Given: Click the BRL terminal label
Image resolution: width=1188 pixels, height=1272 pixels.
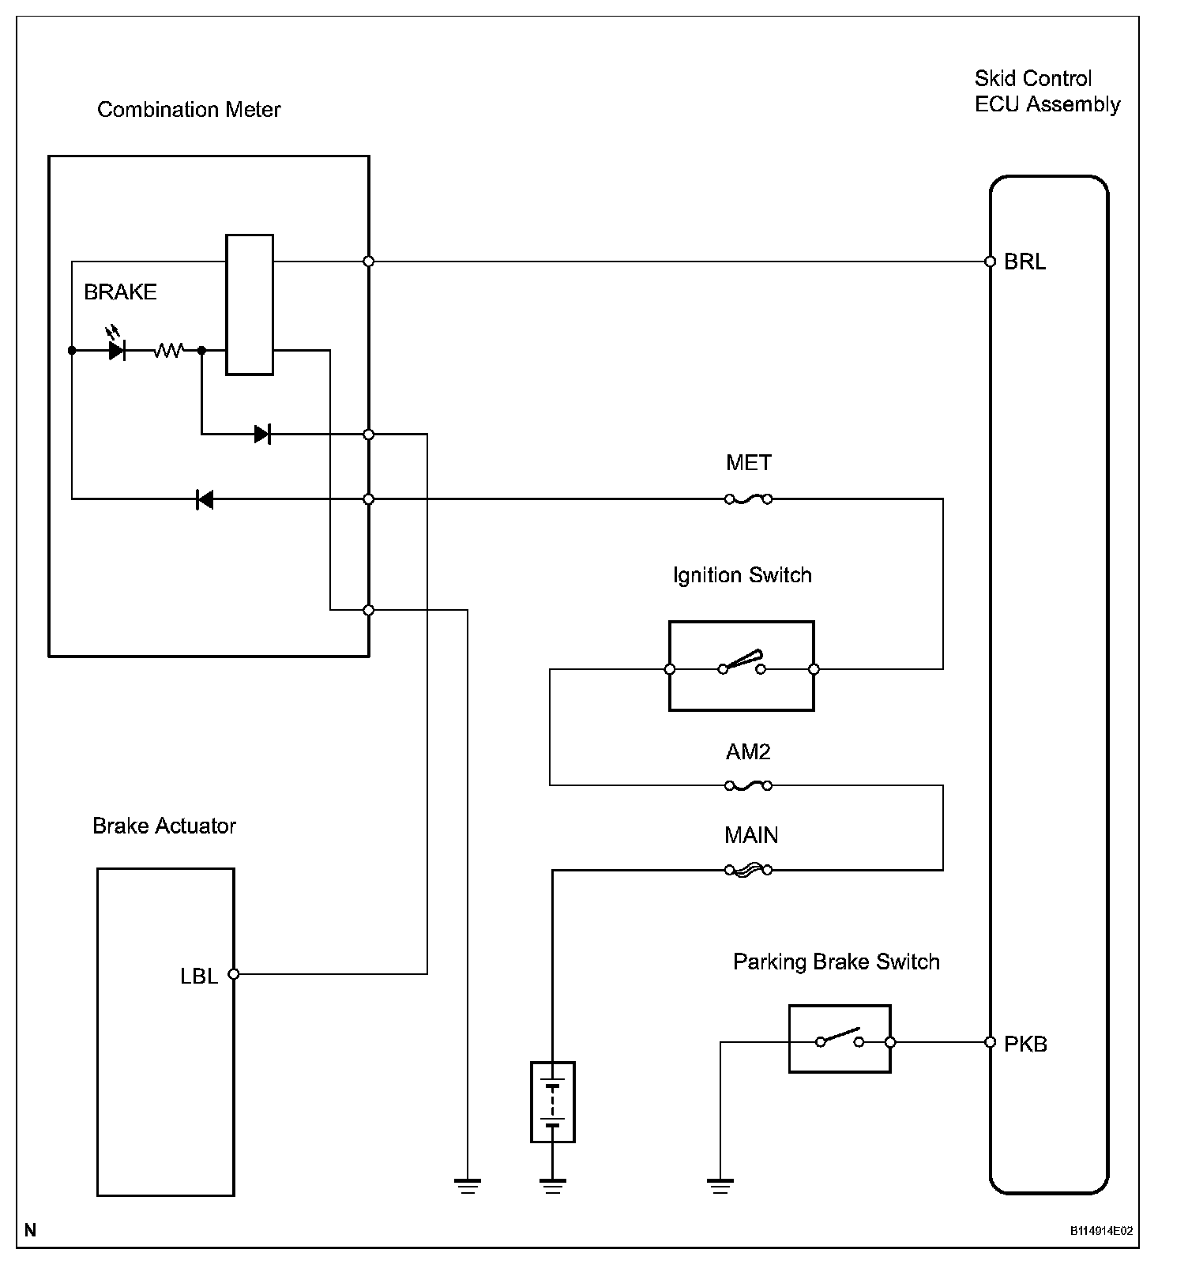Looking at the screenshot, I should pyautogui.click(x=1024, y=262).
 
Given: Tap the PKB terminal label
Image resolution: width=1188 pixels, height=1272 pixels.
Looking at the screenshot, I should pyautogui.click(x=1025, y=1044).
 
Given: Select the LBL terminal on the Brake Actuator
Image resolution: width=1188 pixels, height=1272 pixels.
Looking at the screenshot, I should pyautogui.click(x=233, y=974).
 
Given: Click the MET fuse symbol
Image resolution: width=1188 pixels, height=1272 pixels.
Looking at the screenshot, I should pyautogui.click(x=748, y=499).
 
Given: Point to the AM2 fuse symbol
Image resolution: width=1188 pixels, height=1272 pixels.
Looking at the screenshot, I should pyautogui.click(x=748, y=785).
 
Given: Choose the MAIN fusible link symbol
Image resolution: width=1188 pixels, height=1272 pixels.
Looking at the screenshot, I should pyautogui.click(x=748, y=870).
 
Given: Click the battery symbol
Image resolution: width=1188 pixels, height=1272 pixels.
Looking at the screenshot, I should pyautogui.click(x=552, y=1101).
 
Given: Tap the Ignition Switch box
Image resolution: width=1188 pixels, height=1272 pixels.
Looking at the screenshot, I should pyautogui.click(x=741, y=666).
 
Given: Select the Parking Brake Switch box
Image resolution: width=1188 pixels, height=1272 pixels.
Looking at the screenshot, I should pyautogui.click(x=839, y=1039).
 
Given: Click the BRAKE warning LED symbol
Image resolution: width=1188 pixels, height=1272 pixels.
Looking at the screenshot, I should pyautogui.click(x=117, y=349).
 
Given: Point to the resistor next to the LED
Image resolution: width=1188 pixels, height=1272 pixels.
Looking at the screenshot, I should pyautogui.click(x=168, y=349).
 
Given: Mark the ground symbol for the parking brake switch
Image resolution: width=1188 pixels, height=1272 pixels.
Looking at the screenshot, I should pyautogui.click(x=720, y=1184).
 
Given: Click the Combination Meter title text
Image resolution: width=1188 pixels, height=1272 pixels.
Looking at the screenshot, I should pyautogui.click(x=189, y=109).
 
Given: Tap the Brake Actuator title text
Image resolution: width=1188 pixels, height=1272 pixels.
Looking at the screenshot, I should pyautogui.click(x=164, y=826).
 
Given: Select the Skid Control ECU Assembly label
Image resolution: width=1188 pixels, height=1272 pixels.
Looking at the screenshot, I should pyautogui.click(x=1047, y=92).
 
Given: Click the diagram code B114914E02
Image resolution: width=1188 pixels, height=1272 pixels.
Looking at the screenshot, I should pyautogui.click(x=1101, y=1231).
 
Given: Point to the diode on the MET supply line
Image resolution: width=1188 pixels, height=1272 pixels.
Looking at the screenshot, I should pyautogui.click(x=205, y=499).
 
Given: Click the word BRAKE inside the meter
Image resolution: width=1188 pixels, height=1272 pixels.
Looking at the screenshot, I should pyautogui.click(x=120, y=292).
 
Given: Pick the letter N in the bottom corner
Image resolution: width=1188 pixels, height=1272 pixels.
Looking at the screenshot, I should pyautogui.click(x=30, y=1229).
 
